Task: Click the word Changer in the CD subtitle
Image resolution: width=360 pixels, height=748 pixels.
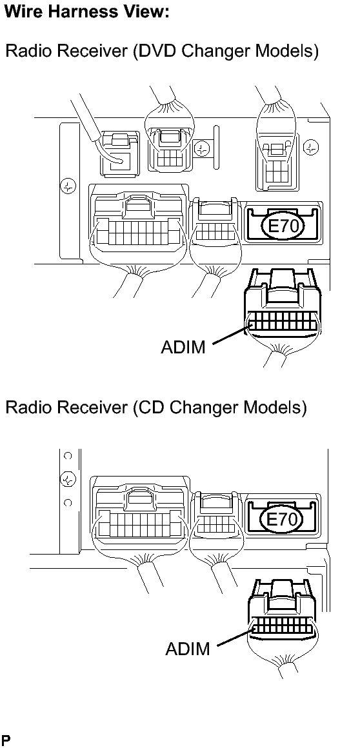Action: pos(203,409)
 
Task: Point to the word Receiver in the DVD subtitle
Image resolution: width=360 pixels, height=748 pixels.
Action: pos(93,50)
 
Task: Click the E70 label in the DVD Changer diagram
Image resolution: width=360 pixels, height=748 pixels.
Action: pos(283,225)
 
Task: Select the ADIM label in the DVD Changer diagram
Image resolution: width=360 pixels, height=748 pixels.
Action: pos(183,347)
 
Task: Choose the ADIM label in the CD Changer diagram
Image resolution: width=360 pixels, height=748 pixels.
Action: pos(188,648)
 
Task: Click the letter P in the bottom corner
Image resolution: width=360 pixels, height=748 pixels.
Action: pos(5,741)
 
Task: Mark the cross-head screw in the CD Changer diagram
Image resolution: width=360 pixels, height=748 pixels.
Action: pos(68,478)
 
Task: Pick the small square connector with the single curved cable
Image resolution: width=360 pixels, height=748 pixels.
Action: pos(119,153)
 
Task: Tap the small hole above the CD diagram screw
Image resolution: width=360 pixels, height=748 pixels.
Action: pos(68,456)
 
